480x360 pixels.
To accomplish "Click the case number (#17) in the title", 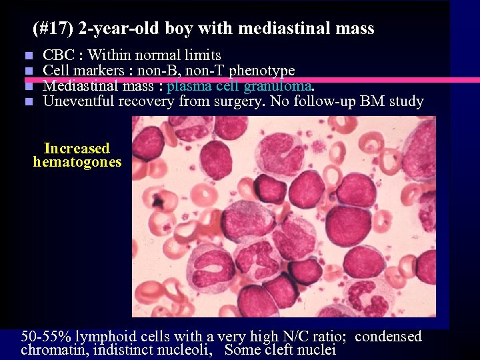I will click(53, 29).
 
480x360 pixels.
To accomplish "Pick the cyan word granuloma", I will click(278, 86).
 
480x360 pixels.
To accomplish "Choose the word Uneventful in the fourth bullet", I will click(79, 101).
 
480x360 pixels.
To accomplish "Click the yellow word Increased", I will click(77, 149).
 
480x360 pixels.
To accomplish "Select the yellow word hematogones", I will click(77, 162).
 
